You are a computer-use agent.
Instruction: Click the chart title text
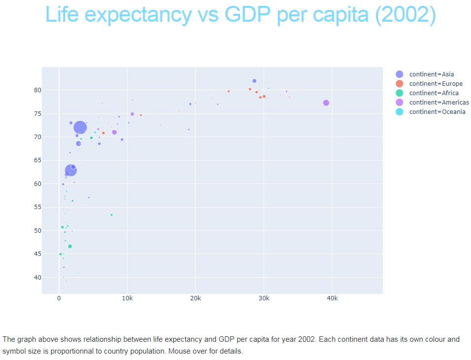[240, 15]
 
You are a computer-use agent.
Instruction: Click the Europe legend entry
[436, 83]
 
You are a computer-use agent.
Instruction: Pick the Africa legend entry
[434, 93]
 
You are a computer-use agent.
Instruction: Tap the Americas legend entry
[438, 102]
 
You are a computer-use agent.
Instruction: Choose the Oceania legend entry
[437, 111]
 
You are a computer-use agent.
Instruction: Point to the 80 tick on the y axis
[36, 90]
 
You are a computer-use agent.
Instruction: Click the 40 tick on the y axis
[36, 278]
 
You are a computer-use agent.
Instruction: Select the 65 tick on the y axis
[36, 161]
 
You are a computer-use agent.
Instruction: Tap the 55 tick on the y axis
[36, 208]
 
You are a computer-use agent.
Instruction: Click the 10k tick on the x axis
[127, 298]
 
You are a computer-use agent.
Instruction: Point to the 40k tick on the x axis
[332, 298]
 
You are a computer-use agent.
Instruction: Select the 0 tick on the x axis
[59, 298]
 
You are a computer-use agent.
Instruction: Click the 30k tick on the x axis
[264, 298]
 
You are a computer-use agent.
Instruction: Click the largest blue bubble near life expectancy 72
[80, 128]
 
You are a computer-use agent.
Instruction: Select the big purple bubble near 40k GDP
[326, 103]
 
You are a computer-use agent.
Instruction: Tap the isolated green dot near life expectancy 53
[111, 215]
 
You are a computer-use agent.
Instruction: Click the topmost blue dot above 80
[254, 81]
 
